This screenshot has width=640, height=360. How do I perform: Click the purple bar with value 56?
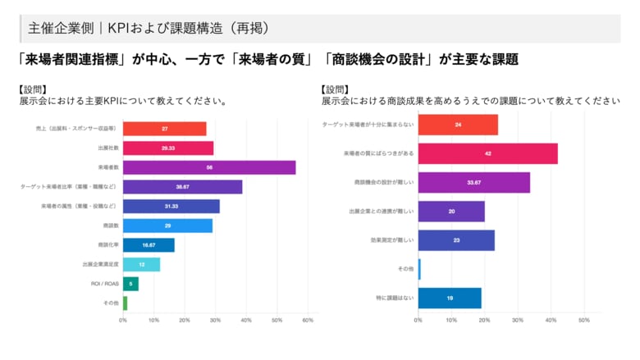(209, 167)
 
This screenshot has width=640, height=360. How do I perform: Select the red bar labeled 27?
(164, 129)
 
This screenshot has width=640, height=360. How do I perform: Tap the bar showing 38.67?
(182, 187)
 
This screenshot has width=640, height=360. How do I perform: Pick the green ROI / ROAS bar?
(130, 284)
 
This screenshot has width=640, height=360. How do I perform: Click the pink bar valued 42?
(487, 153)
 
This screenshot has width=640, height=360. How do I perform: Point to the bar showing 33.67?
(473, 182)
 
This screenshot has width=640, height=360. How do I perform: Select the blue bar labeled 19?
(450, 298)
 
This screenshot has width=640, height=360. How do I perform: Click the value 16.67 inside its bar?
(149, 245)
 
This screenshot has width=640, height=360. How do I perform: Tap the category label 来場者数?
(108, 167)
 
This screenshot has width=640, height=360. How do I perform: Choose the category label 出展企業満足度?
(100, 264)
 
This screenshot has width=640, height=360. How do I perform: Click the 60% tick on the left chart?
(309, 321)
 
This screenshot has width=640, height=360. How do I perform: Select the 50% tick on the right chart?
(584, 321)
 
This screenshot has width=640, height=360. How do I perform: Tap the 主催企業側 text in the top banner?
(59, 27)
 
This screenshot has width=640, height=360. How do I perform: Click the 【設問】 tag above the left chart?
(33, 89)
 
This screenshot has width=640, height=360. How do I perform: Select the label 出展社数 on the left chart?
(108, 148)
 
